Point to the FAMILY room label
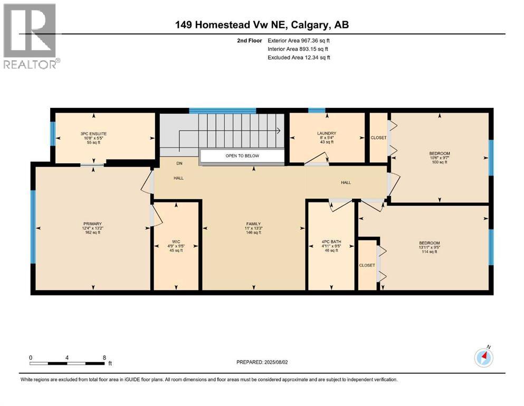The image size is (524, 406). (253, 224)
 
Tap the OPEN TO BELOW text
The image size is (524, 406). (242, 156)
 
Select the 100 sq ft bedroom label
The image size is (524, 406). (439, 154)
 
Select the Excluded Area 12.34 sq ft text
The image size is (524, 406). (299, 57)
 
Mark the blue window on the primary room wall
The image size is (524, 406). (33, 227)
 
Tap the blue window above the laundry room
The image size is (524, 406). (316, 110)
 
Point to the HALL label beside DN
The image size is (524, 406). (179, 178)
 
